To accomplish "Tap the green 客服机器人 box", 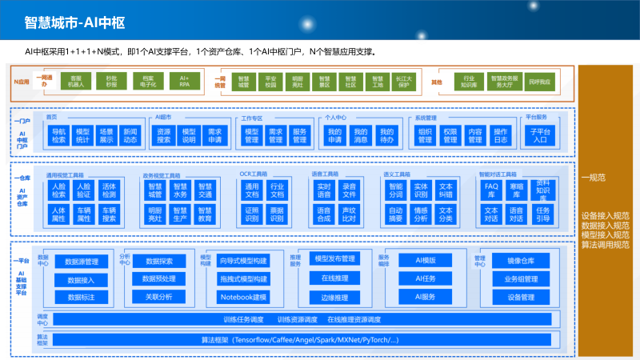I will (x=76, y=81).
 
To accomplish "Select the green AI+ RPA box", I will (x=185, y=81).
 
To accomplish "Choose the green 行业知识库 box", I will (x=470, y=81).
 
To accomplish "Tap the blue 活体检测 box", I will (x=109, y=190).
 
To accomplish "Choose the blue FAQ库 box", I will (x=491, y=190).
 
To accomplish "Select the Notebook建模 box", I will (x=242, y=297).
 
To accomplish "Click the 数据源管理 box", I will (x=81, y=262).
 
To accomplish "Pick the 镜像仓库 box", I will (x=521, y=261).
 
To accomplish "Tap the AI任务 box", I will (x=425, y=278).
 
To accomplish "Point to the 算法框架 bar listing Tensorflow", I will (x=299, y=340).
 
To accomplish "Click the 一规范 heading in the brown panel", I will (x=593, y=178).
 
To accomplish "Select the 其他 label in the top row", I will (x=437, y=82).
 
